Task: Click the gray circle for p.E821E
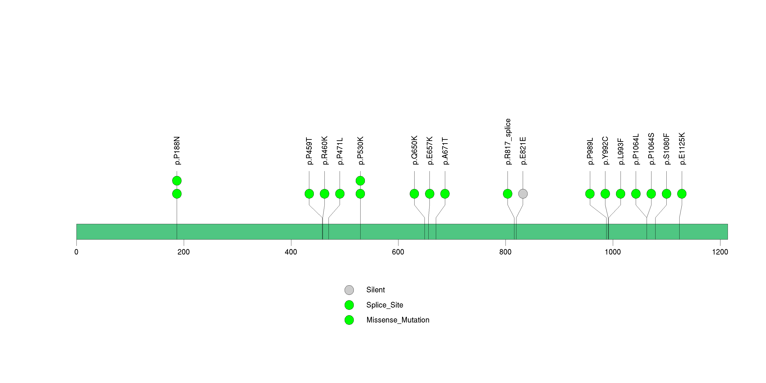(x=523, y=194)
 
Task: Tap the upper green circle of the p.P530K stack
(x=360, y=181)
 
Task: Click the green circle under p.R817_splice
(x=508, y=194)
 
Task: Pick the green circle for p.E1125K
(x=682, y=194)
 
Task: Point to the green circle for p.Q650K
(x=414, y=194)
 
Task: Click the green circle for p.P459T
(x=309, y=194)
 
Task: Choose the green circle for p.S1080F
(x=666, y=194)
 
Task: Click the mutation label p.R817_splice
(x=508, y=142)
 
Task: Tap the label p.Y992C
(x=605, y=150)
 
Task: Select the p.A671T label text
(x=445, y=151)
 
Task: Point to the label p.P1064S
(x=651, y=149)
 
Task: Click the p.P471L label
(x=340, y=151)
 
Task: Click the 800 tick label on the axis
(x=505, y=252)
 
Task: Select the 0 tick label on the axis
(x=76, y=252)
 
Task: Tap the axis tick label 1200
(x=720, y=252)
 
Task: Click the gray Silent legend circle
(x=349, y=290)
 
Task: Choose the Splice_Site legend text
(x=385, y=305)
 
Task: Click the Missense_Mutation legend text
(x=398, y=320)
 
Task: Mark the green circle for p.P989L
(x=590, y=194)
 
